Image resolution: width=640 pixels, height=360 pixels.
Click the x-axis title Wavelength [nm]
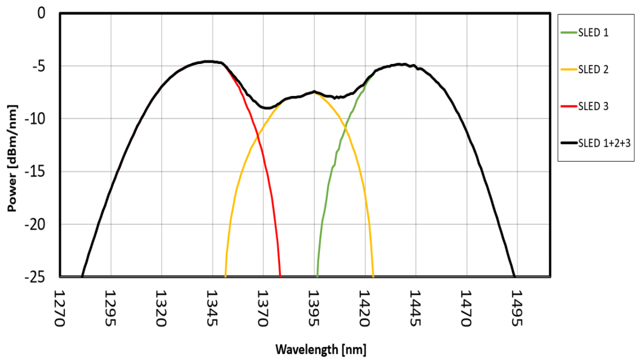pos(321,349)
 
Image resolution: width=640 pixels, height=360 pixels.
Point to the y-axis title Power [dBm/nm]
pos(11,145)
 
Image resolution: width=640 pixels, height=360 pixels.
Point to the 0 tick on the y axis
pos(42,13)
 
